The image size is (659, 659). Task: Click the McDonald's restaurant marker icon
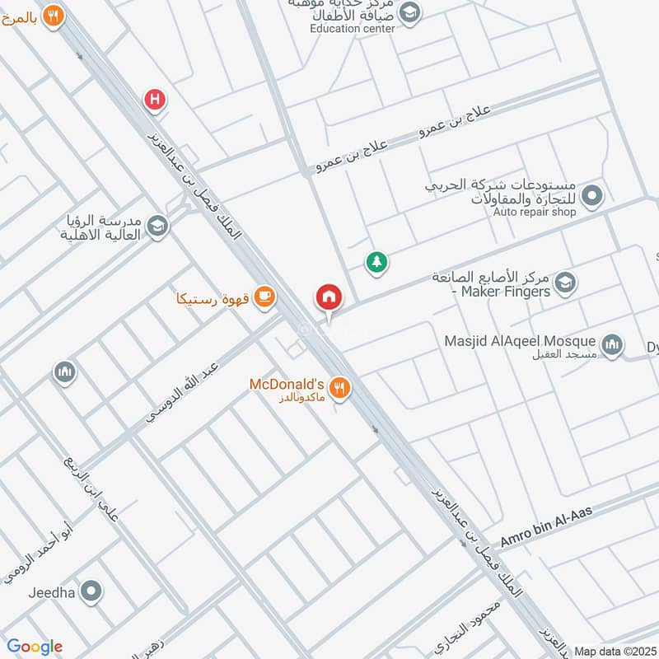coord(338,387)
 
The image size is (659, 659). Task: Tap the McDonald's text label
coord(289,384)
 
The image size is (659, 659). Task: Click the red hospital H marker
coord(154,100)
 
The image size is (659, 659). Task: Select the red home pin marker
coord(328,297)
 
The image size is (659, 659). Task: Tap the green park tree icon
coord(376,263)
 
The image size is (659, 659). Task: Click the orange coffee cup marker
coord(264,297)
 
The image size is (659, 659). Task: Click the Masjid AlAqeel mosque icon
coord(611,345)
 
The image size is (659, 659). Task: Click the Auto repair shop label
coord(534,212)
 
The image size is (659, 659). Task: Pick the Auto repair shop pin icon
coord(591,197)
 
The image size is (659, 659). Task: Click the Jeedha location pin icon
coord(92,591)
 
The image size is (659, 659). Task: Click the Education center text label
coord(353,28)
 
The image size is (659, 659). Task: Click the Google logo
coord(35,647)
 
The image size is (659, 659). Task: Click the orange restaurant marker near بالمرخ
coord(53,16)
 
